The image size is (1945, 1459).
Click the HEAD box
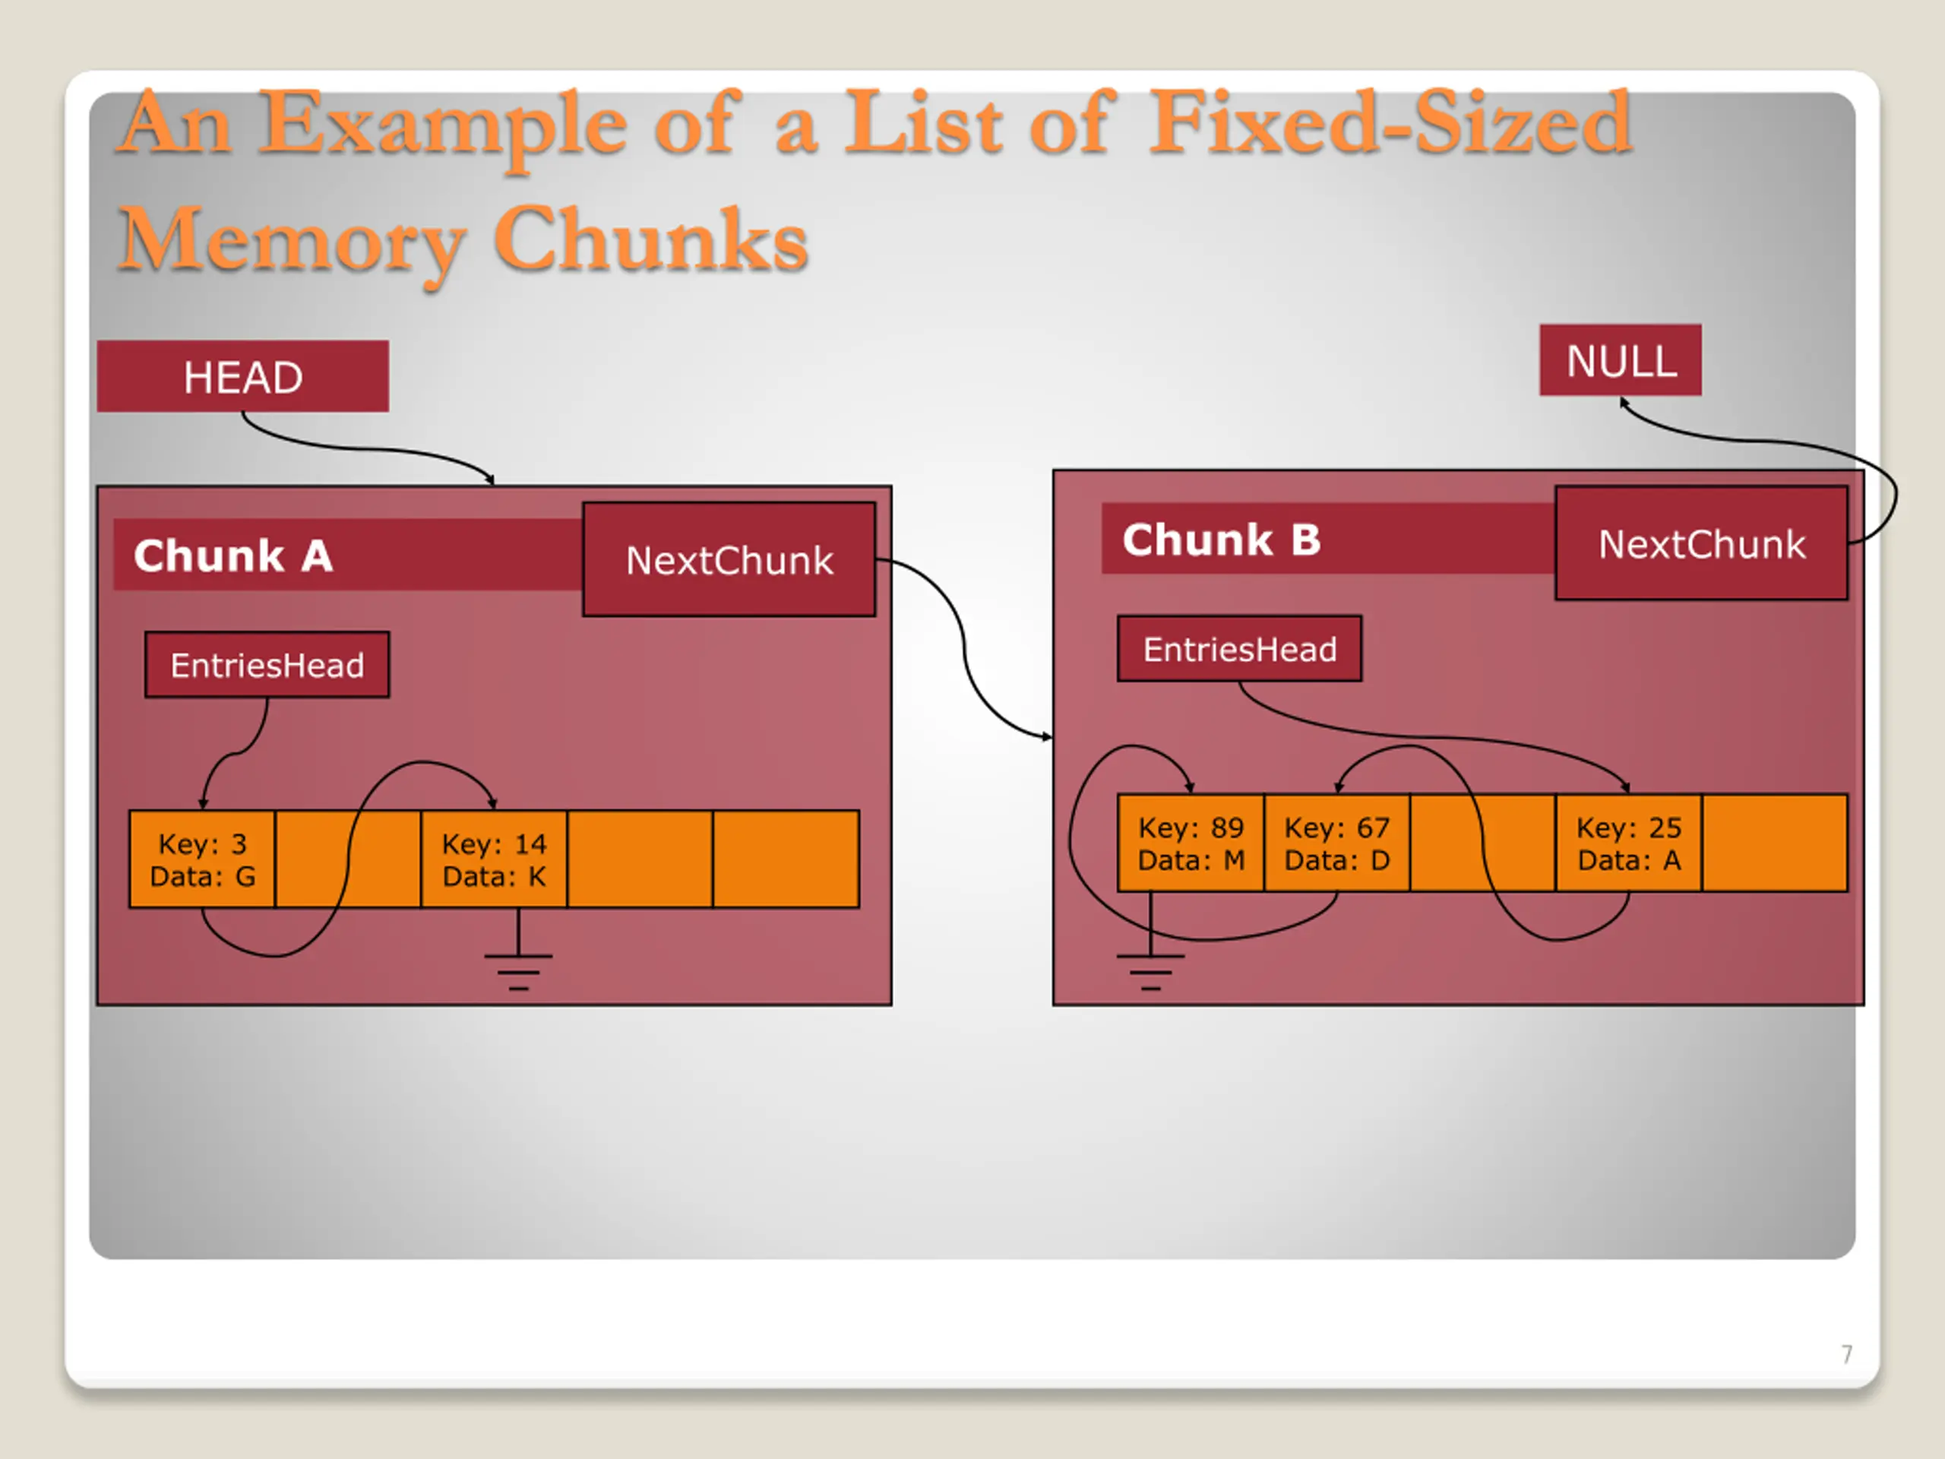click(242, 376)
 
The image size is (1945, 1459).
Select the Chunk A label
click(233, 555)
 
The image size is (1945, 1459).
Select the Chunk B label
click(1222, 540)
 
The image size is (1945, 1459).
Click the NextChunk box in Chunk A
click(729, 559)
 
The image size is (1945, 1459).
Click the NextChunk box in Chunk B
click(1701, 543)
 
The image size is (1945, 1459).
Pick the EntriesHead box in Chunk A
click(267, 665)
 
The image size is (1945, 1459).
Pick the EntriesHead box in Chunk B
click(1240, 649)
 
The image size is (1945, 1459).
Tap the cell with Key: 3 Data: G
click(202, 859)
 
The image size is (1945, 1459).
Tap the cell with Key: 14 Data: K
click(494, 859)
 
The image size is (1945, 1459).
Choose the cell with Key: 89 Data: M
click(1191, 843)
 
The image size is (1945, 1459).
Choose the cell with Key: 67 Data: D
click(1336, 843)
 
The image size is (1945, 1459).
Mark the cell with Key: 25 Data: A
click(1628, 843)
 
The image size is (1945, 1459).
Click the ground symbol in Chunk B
click(1150, 955)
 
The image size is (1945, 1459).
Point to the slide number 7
click(1846, 1353)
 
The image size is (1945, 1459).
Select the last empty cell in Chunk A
click(786, 859)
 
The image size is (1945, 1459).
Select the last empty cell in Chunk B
click(1774, 843)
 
